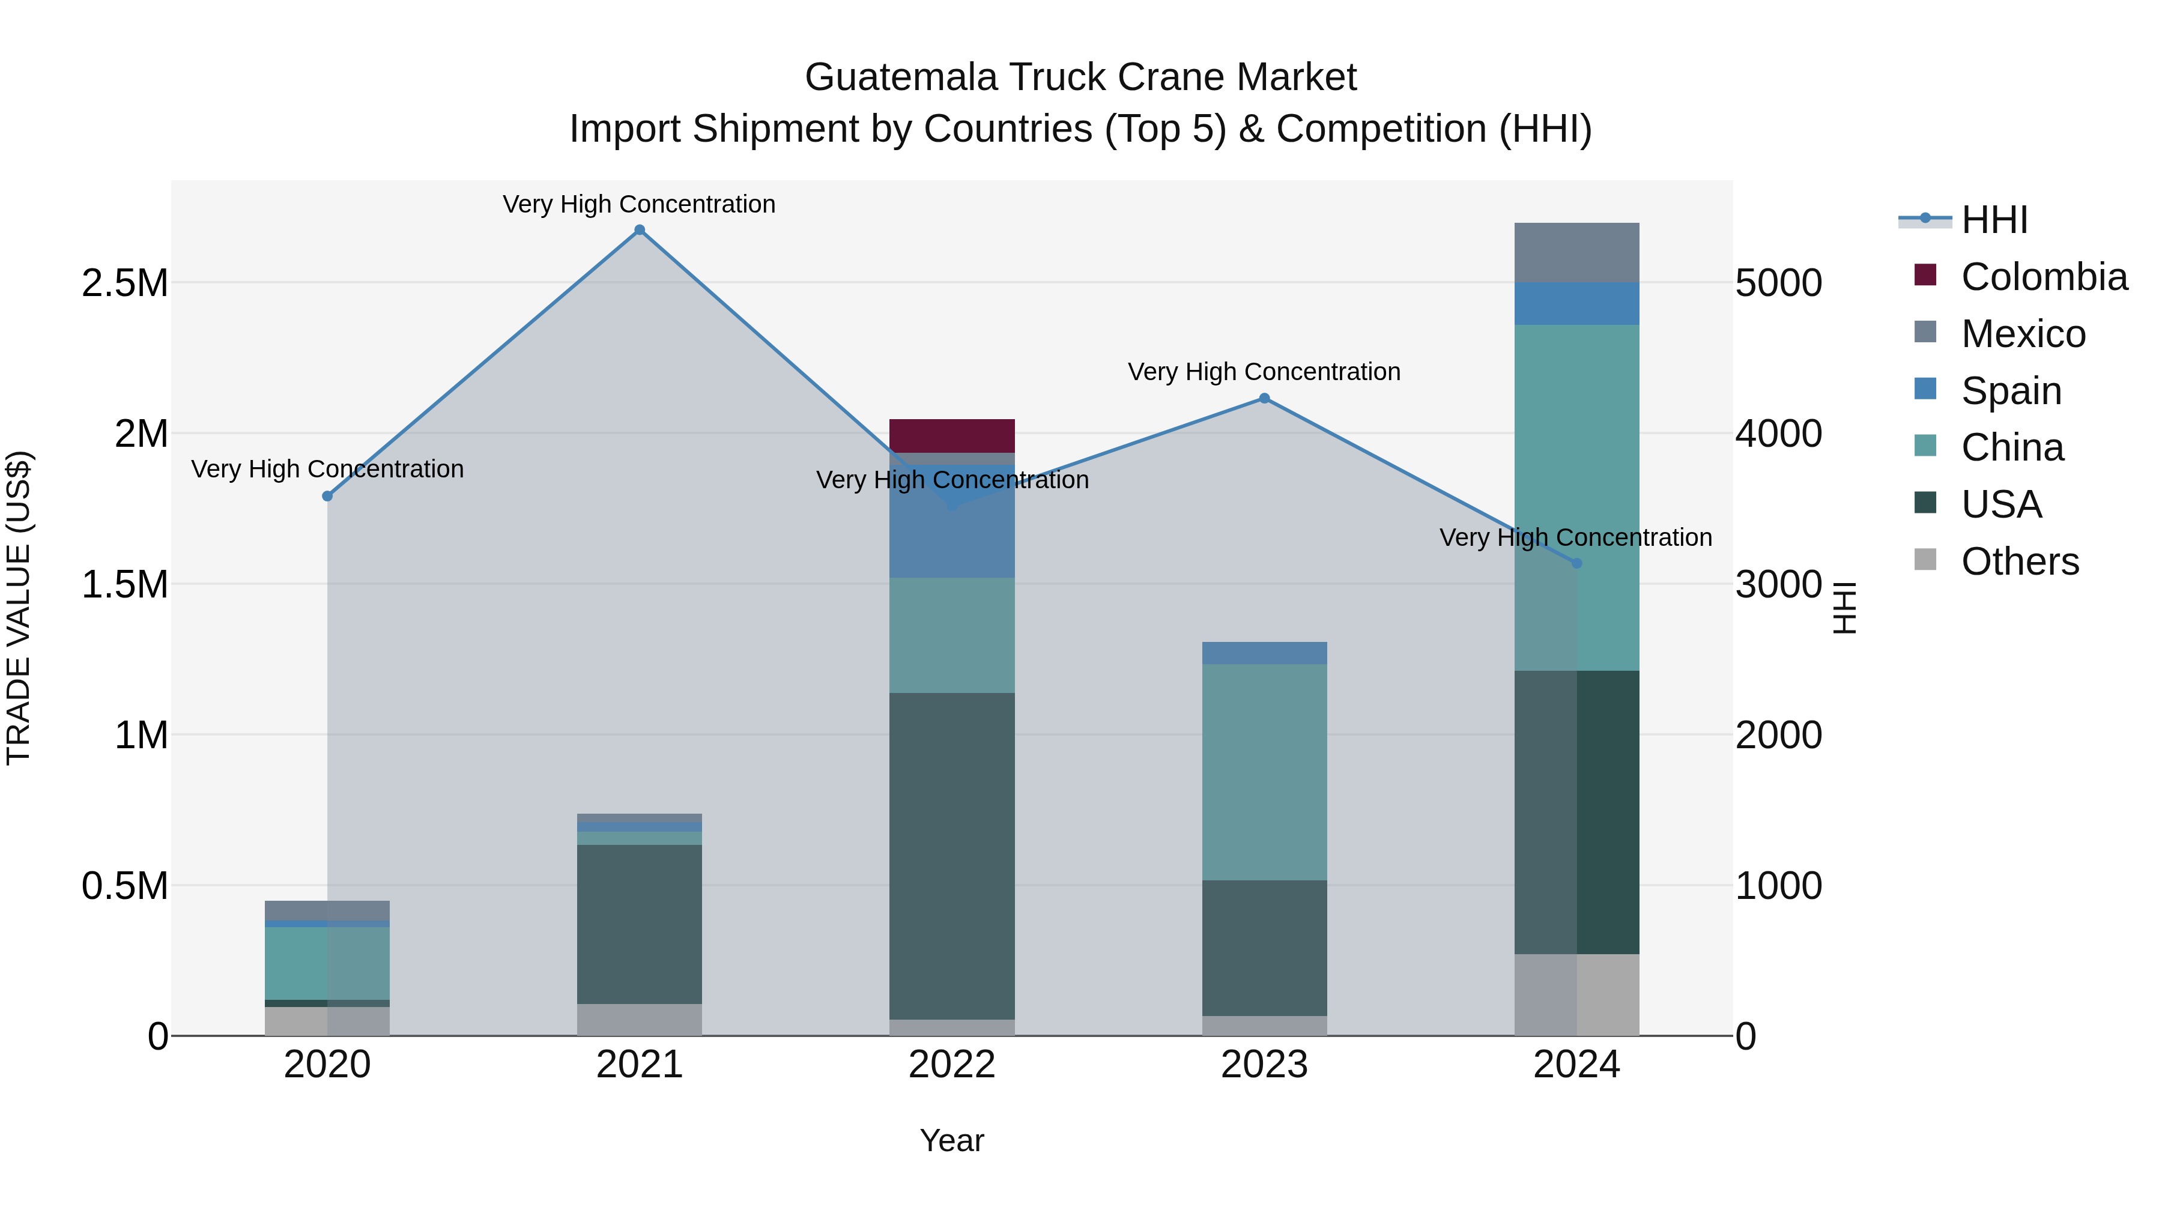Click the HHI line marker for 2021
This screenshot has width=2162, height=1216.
click(640, 230)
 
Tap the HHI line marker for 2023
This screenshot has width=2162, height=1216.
click(1264, 399)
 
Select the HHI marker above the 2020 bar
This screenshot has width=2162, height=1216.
click(327, 496)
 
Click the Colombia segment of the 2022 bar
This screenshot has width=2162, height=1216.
click(952, 435)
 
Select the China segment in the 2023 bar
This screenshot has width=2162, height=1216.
click(1264, 772)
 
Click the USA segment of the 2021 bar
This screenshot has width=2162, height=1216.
click(640, 923)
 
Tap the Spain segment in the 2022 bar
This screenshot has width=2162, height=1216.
click(952, 537)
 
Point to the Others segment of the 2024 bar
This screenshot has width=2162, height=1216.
click(1576, 994)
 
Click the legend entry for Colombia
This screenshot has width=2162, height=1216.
click(2043, 277)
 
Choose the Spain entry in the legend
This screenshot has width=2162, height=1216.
click(2011, 391)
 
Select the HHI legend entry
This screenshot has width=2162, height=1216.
click(1994, 220)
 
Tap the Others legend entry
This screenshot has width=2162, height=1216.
click(2019, 561)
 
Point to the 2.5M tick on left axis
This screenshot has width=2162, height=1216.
click(124, 283)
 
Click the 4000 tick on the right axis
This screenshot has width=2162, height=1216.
click(1778, 434)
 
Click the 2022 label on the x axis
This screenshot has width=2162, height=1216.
click(952, 1065)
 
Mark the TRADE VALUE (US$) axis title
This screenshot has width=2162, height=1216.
click(19, 608)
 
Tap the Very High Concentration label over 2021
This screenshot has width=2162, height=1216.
click(640, 204)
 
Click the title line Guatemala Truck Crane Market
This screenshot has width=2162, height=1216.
click(1080, 77)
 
